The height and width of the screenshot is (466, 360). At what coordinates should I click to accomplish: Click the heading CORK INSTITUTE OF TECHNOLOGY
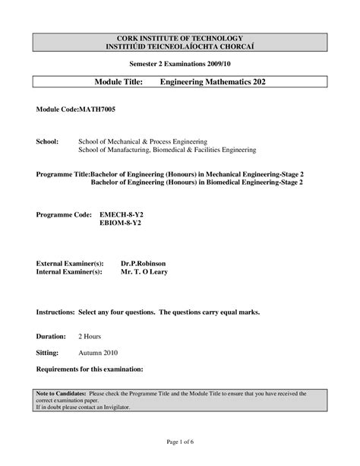coord(180,38)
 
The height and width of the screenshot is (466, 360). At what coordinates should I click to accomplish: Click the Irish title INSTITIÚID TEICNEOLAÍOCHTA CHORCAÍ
coord(180,46)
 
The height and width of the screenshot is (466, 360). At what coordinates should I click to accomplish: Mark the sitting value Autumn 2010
coord(99,353)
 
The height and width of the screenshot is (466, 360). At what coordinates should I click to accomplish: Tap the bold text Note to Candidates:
coord(60,394)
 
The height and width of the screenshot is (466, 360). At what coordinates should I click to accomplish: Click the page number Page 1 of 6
coord(179,442)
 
